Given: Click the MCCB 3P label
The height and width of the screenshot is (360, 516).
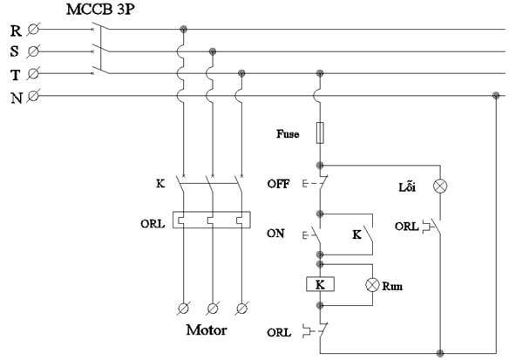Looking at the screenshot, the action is click(x=100, y=10).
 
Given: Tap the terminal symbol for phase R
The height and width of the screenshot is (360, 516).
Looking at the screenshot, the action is click(x=33, y=30).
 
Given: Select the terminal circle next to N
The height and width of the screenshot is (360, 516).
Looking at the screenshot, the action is click(x=33, y=96).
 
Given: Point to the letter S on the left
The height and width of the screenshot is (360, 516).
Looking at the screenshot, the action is click(x=15, y=51).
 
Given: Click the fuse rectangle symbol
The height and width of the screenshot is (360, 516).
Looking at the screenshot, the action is click(x=320, y=132).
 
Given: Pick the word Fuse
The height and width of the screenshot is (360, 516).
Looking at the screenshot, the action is click(x=288, y=134).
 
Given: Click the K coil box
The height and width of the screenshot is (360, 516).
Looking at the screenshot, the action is click(x=320, y=284).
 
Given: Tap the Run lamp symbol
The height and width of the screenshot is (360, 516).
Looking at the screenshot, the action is click(x=372, y=285).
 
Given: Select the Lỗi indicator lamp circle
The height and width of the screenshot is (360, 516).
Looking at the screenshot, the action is click(x=440, y=187).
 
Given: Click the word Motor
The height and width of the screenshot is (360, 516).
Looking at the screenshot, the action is click(x=207, y=329).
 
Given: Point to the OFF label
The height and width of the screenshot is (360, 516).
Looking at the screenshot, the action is click(x=278, y=184).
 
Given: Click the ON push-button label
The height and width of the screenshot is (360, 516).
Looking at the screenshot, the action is click(x=275, y=234).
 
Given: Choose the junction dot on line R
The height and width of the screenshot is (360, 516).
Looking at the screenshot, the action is click(x=184, y=30).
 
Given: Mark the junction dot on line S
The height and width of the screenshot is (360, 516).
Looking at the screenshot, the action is click(x=213, y=51).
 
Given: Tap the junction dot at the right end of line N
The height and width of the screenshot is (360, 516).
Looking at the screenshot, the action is click(x=496, y=96).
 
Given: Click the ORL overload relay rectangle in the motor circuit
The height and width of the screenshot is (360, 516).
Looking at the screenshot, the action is click(x=212, y=220).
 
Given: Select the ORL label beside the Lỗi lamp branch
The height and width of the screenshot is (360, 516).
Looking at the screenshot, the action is click(x=407, y=227).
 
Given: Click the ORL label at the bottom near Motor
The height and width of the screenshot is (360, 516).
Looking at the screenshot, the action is click(x=279, y=332).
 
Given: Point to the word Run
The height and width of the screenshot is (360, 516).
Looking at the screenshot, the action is click(x=392, y=286).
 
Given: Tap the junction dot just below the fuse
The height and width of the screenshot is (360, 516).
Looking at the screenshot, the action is click(x=320, y=166).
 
